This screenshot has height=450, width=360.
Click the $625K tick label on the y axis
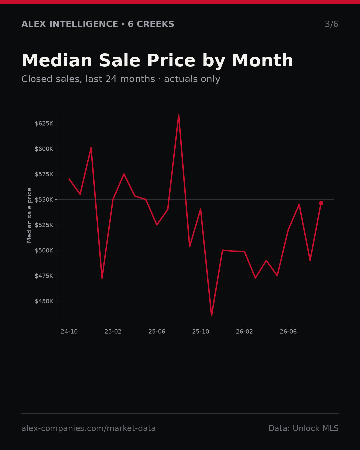(x=44, y=123)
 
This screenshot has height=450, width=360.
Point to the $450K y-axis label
(x=44, y=301)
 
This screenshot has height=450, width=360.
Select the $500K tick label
(x=44, y=251)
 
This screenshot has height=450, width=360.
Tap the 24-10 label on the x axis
(x=69, y=332)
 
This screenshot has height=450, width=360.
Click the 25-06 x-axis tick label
(x=157, y=332)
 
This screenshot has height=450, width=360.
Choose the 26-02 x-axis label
(x=244, y=332)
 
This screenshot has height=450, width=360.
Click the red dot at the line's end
(x=321, y=203)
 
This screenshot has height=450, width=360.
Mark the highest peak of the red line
(x=179, y=115)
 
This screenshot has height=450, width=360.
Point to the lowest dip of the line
(x=211, y=316)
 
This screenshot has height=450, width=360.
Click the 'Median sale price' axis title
(x=29, y=215)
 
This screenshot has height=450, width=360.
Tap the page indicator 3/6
(x=332, y=24)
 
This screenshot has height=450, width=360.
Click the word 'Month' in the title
(x=263, y=60)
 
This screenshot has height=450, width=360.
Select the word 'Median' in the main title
(x=57, y=60)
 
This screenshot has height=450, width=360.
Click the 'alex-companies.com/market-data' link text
(x=88, y=428)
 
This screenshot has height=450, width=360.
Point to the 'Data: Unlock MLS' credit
(x=303, y=428)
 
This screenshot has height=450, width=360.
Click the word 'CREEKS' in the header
(x=155, y=24)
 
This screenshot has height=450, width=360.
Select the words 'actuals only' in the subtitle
(x=192, y=79)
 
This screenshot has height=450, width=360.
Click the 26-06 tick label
(x=288, y=332)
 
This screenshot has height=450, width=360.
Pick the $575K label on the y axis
(x=44, y=174)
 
